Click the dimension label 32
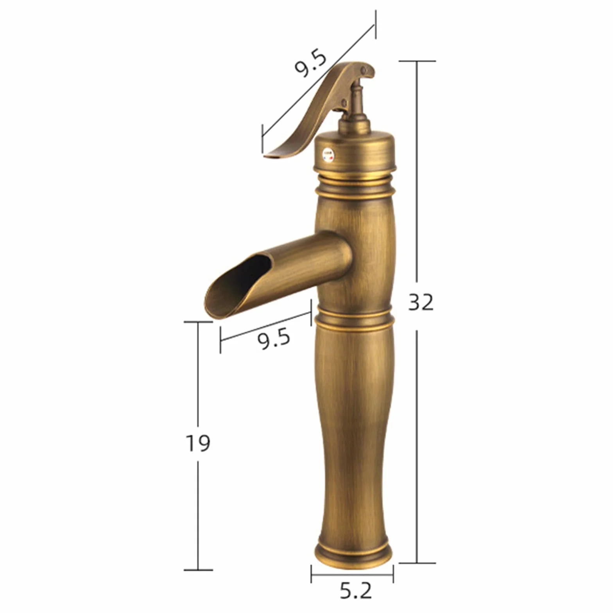tap(421, 302)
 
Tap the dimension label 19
tap(198, 443)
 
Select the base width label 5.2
tap(355, 591)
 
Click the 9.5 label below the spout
tap(274, 339)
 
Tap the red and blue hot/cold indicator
tap(327, 154)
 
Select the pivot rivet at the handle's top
tap(364, 71)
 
